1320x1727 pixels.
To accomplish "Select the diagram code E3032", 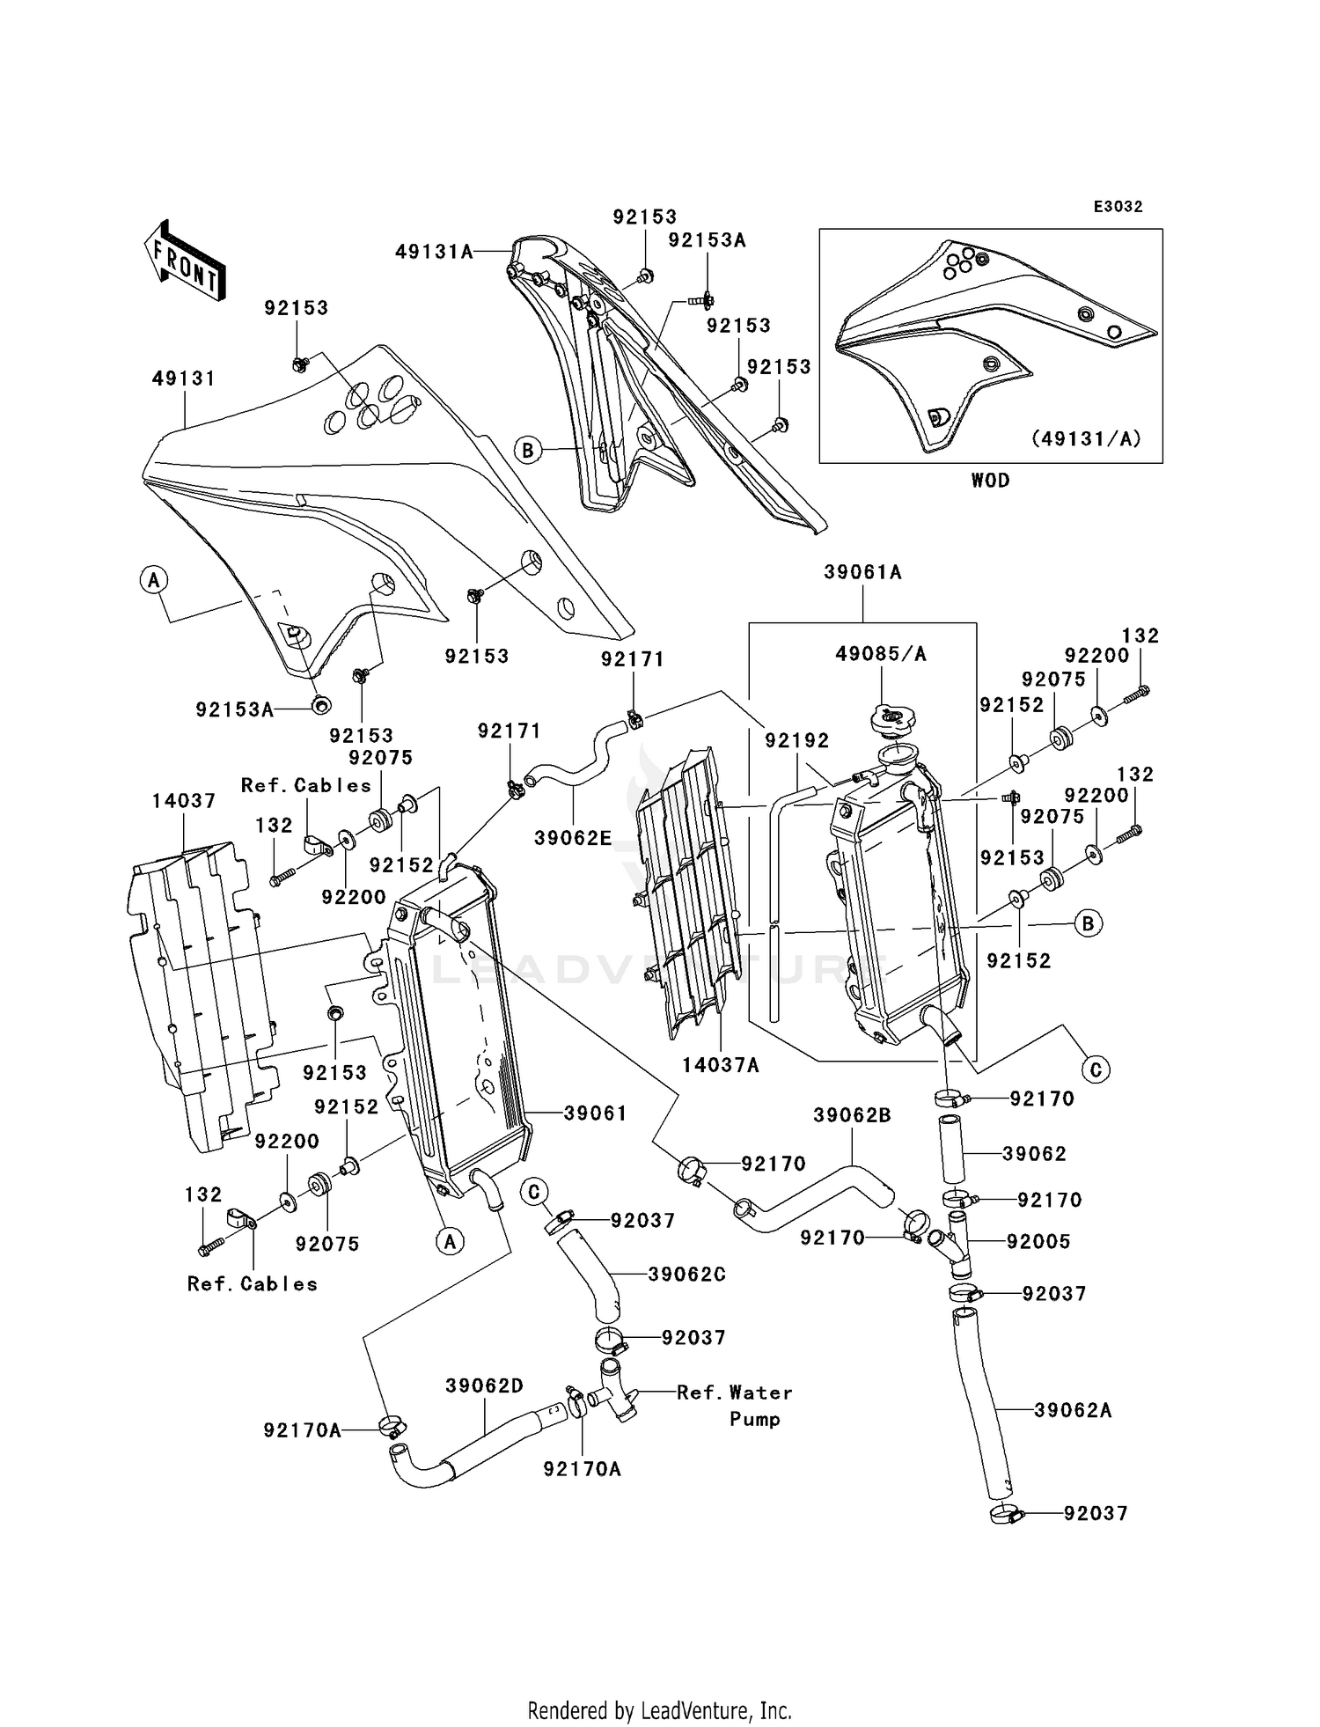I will [x=1118, y=207].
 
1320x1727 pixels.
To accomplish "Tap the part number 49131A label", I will [x=434, y=253].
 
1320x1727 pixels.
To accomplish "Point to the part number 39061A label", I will [x=862, y=572].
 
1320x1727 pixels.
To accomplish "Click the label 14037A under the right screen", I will [x=720, y=1066].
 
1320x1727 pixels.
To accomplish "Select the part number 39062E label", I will [x=573, y=839].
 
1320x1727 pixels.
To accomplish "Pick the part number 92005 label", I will [x=1038, y=1242].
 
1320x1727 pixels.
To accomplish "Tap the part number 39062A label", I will [x=1073, y=1410].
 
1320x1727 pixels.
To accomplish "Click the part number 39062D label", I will [x=484, y=1386].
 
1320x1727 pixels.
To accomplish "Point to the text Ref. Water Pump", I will [x=735, y=1406].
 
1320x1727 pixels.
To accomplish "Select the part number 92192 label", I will [x=796, y=741].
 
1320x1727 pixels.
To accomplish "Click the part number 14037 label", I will [x=183, y=801].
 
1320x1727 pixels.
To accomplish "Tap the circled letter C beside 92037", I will [x=533, y=1193].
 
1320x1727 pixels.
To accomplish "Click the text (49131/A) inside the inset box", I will [x=1086, y=438].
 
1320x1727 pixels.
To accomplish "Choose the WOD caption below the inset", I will [x=990, y=481].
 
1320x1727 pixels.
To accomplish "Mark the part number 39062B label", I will [x=852, y=1116].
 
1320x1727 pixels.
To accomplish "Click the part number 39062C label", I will [x=686, y=1275].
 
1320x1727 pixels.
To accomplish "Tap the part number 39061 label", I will [x=595, y=1113].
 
